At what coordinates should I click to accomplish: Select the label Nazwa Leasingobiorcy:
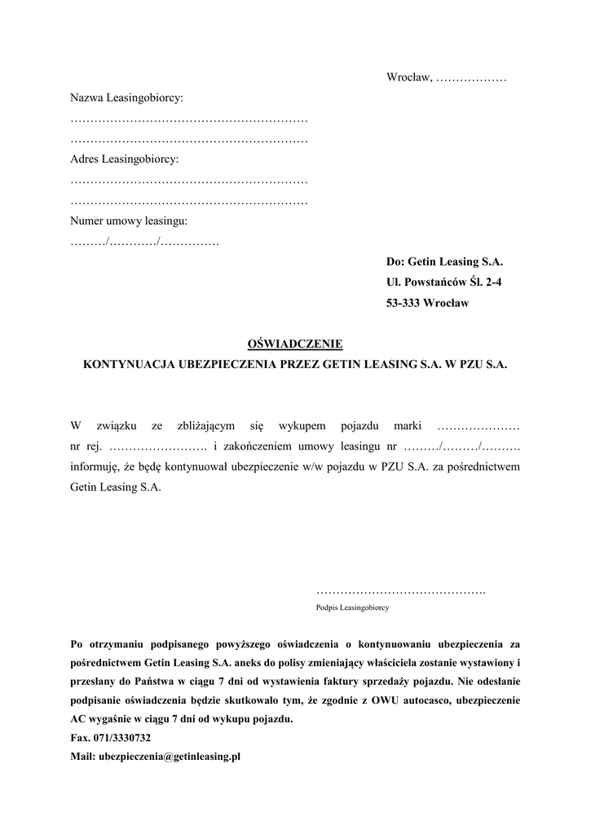tap(126, 99)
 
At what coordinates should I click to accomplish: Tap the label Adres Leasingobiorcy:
tap(123, 160)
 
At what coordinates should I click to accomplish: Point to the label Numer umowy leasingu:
tap(129, 221)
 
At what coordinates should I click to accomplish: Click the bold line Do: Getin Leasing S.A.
tap(444, 262)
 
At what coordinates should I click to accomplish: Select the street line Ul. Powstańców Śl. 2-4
tap(444, 283)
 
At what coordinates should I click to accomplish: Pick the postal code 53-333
tap(404, 303)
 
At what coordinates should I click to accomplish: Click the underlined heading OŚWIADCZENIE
tap(295, 345)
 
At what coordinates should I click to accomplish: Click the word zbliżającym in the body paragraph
tap(206, 426)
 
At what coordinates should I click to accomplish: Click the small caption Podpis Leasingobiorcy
tap(352, 608)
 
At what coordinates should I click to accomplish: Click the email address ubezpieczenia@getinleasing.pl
tap(170, 757)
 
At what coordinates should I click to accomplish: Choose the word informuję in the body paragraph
tap(96, 467)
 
